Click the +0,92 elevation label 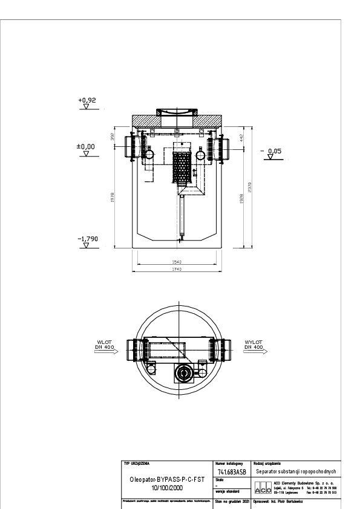(x=87, y=100)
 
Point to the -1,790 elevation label (x=87, y=239)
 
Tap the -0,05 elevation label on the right (x=275, y=150)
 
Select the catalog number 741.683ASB (x=232, y=472)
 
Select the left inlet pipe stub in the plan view (x=132, y=351)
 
